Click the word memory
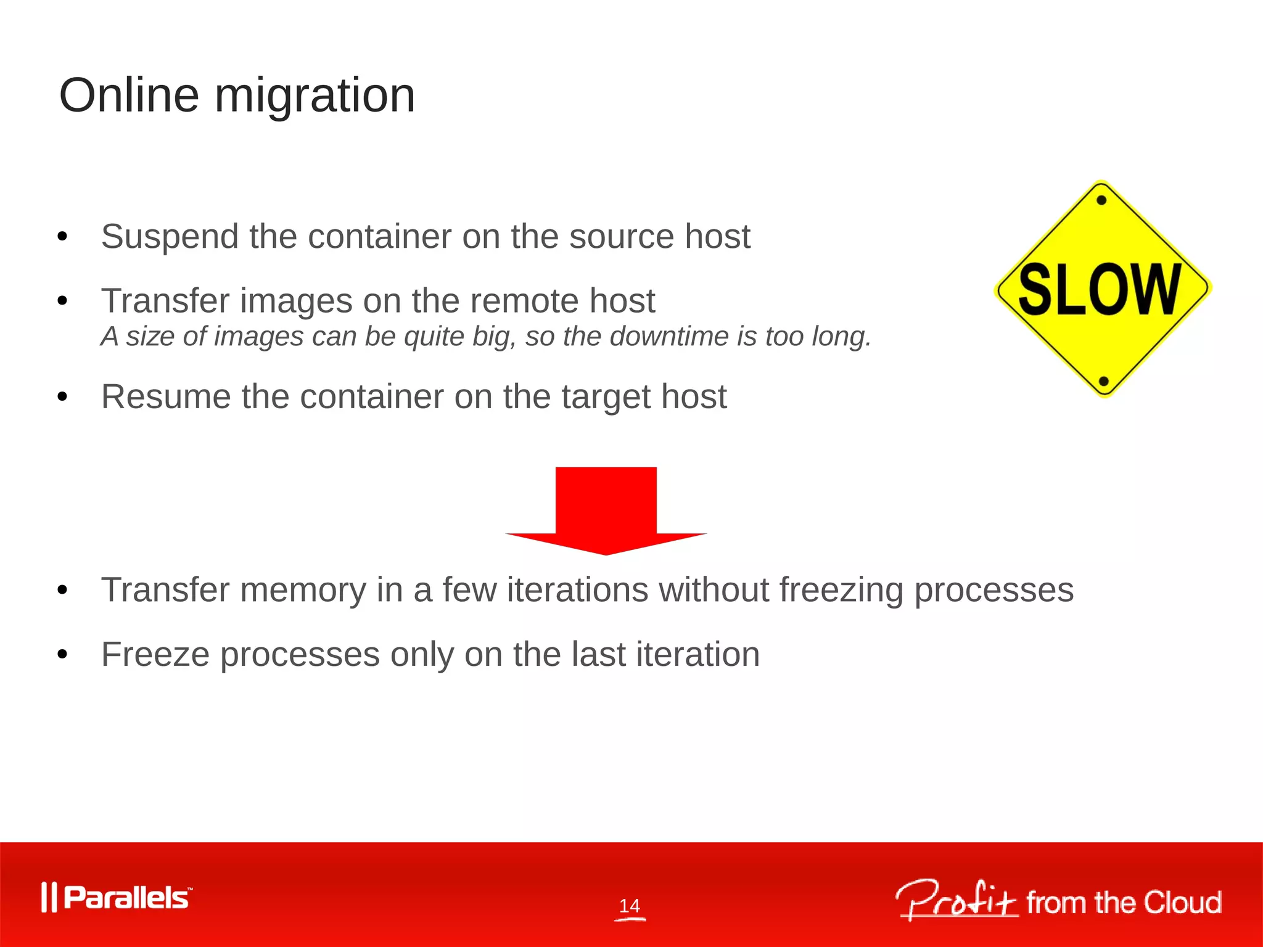tap(303, 590)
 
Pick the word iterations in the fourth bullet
tap(577, 590)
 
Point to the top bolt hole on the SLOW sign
tap(1101, 200)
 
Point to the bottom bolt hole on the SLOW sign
tap(1104, 381)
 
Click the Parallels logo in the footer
tap(117, 898)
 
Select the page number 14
tap(630, 906)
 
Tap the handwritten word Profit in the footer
tap(956, 901)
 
